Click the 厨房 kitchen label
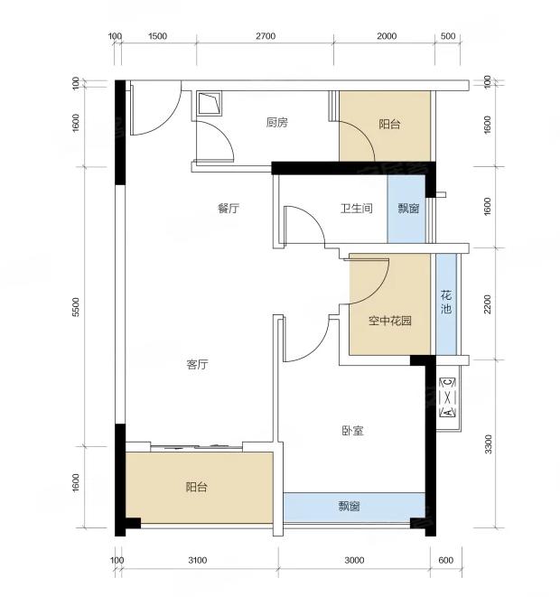276,123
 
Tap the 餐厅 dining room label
228,209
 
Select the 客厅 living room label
197,364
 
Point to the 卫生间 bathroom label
357,209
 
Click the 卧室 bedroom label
352,431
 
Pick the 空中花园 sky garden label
390,321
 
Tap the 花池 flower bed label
446,302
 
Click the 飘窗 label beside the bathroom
408,209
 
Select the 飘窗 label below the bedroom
349,507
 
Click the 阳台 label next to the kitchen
389,124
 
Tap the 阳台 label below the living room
196,487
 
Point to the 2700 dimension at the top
266,36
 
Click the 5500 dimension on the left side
76,307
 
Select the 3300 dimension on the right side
488,444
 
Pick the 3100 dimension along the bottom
198,560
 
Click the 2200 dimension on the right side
488,303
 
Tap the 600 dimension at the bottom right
446,560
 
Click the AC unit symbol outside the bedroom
448,397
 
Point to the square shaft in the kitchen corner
209,103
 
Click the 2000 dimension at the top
387,36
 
